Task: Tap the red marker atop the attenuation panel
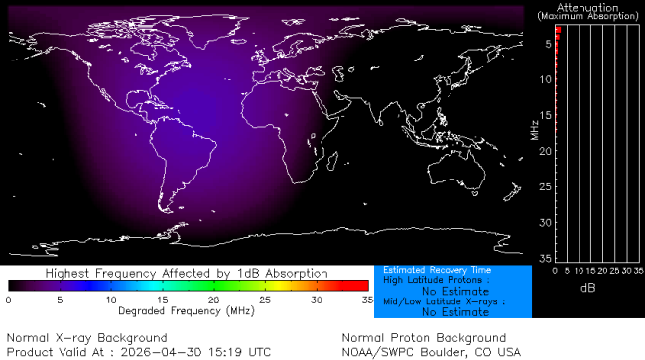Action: (559, 33)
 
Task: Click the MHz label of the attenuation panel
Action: (534, 128)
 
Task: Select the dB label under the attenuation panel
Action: (588, 286)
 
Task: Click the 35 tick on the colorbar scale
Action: (367, 299)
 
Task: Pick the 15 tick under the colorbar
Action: (162, 299)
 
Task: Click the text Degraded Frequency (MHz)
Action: (187, 309)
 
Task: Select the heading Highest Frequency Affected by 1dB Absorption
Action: (187, 272)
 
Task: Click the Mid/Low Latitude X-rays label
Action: (444, 301)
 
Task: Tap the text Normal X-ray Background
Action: (87, 338)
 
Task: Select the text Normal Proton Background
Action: (424, 338)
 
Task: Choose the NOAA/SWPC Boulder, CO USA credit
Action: (431, 351)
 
